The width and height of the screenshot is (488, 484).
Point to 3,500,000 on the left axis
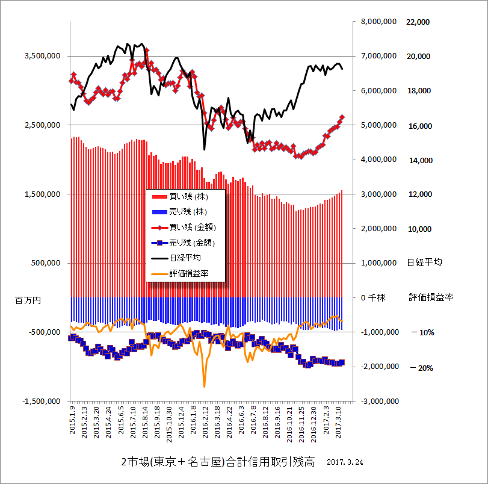point(43,56)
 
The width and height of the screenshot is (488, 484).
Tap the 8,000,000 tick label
point(378,22)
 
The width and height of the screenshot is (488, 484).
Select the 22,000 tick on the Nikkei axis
point(419,22)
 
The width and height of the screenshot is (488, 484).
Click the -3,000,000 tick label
point(377,401)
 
